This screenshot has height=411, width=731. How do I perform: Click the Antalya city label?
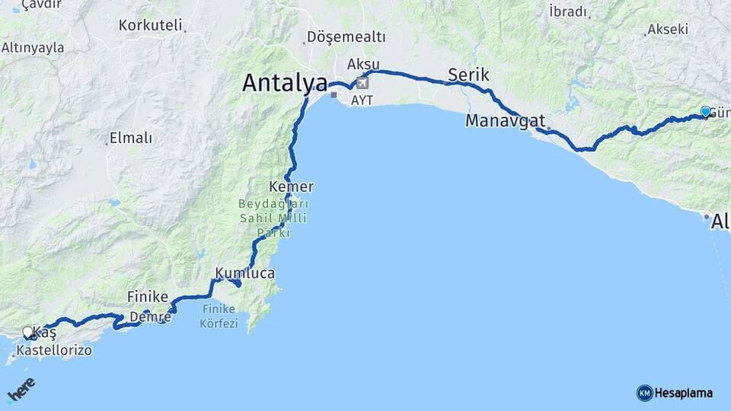[x=285, y=83]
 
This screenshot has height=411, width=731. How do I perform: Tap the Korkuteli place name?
[x=151, y=25]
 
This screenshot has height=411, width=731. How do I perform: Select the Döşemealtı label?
[x=346, y=37]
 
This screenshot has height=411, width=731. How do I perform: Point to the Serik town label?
[x=468, y=75]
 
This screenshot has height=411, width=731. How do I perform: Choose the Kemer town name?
[x=291, y=186]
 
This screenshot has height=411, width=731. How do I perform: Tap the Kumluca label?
[x=244, y=272]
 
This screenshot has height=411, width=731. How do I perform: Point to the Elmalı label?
[x=131, y=138]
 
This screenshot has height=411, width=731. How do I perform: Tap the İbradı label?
[x=568, y=11]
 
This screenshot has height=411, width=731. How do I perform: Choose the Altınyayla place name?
[x=33, y=47]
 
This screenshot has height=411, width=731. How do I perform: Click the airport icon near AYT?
[x=362, y=82]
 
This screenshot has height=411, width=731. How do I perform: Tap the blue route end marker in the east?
[x=705, y=112]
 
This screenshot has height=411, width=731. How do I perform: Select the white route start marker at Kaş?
[x=28, y=332]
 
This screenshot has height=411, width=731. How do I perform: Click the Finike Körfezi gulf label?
[x=220, y=316]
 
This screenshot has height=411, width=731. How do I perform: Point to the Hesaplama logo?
[x=675, y=393]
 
